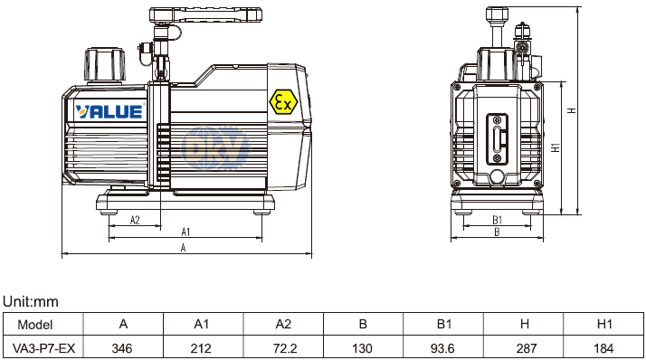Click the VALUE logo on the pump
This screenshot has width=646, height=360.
point(109,111)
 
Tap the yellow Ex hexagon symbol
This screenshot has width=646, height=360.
point(283,101)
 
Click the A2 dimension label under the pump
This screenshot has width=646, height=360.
point(135,220)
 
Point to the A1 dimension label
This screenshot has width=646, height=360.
point(185,232)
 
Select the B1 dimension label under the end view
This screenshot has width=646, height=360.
point(498,220)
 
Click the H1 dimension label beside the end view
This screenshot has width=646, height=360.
point(556,147)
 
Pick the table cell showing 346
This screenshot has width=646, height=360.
point(122,348)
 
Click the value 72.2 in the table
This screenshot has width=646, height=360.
point(285,348)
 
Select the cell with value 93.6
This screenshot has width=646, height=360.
point(442,348)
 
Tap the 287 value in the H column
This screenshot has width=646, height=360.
point(526,348)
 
